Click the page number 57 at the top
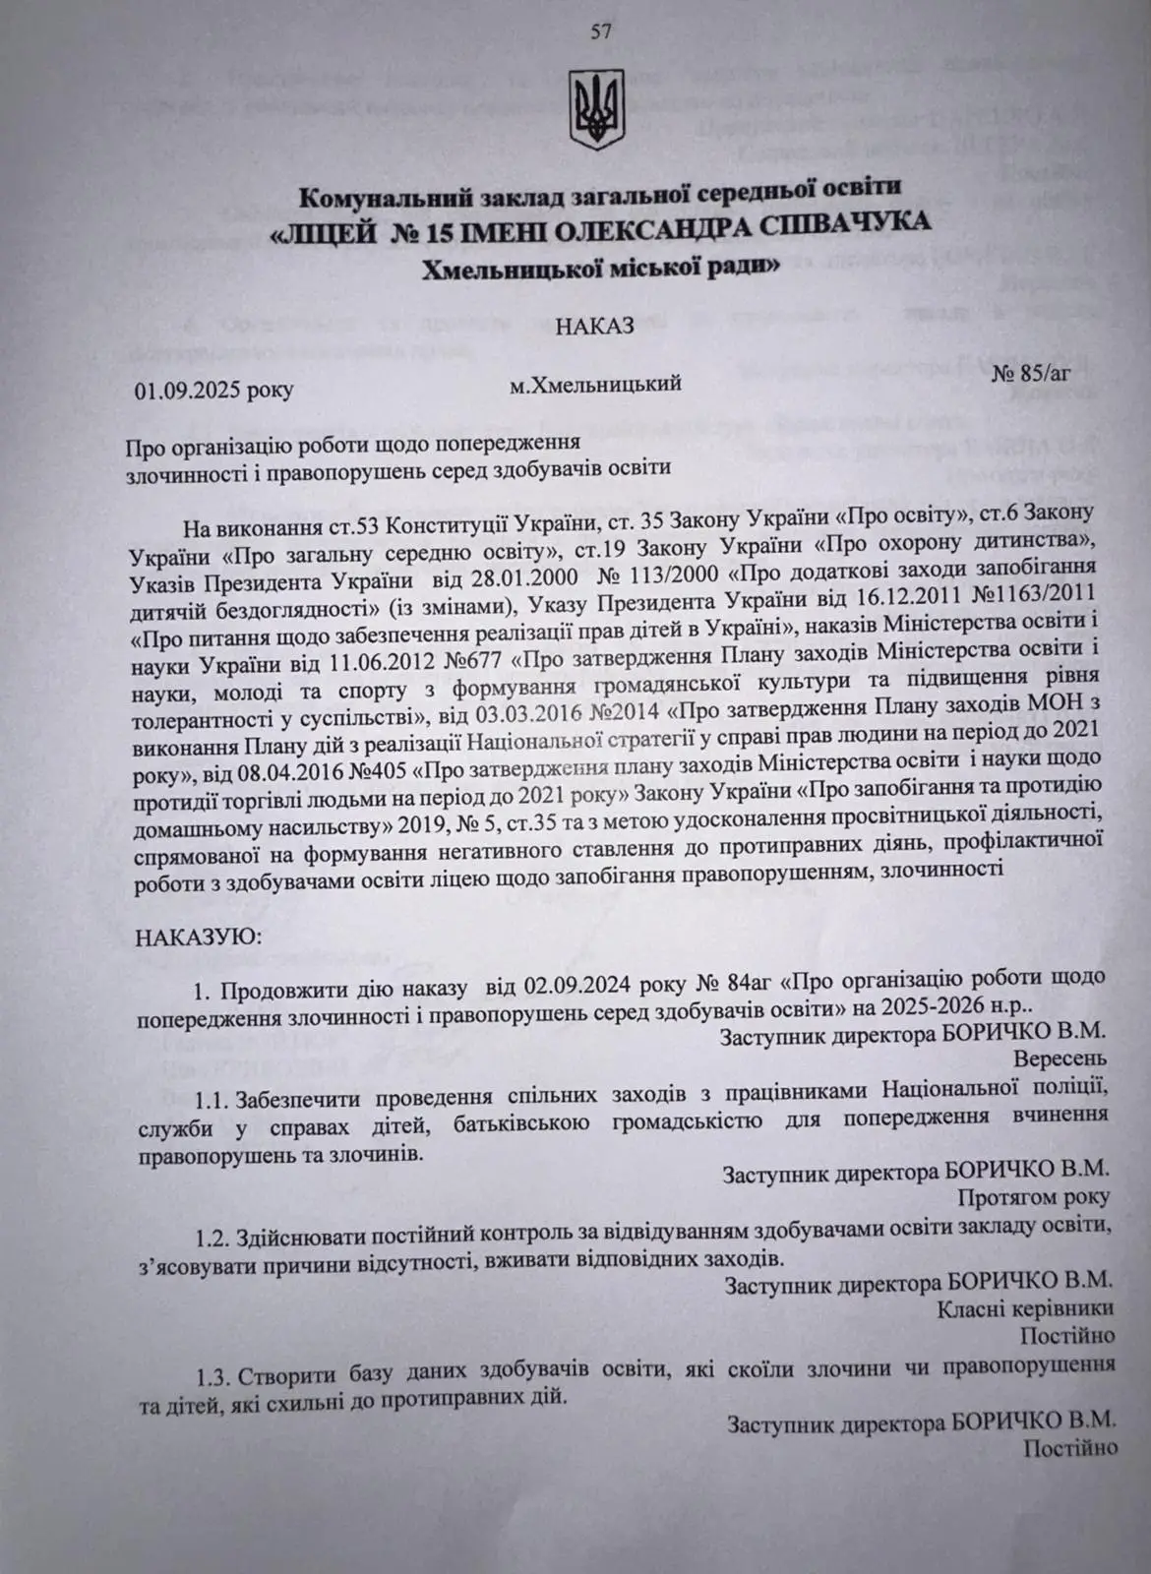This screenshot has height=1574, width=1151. (x=601, y=30)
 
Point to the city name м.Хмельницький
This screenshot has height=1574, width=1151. (x=595, y=384)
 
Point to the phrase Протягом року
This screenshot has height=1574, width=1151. (x=1039, y=1197)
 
